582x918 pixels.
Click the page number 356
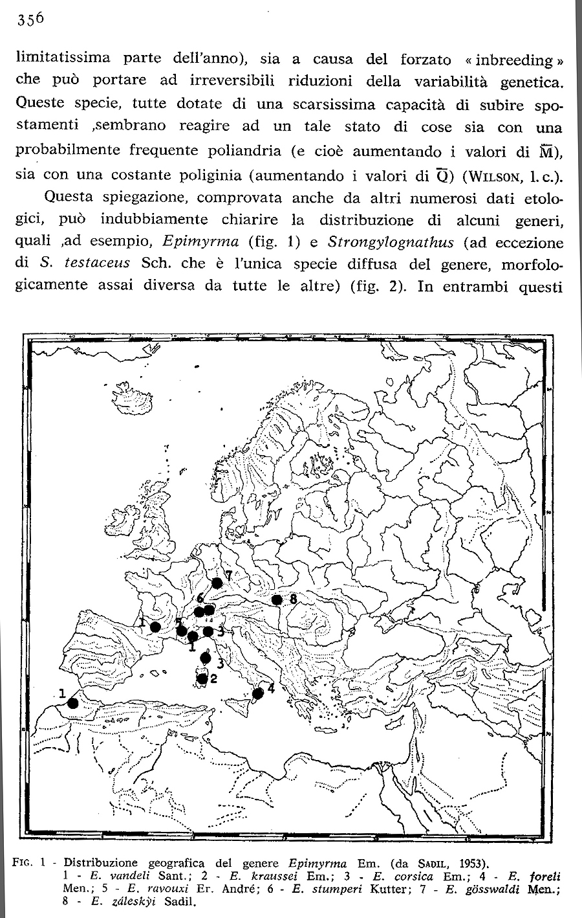[30, 19]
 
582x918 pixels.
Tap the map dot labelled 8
[277, 599]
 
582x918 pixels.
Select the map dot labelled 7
[217, 583]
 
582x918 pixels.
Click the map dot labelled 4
[257, 693]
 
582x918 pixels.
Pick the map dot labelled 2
[202, 678]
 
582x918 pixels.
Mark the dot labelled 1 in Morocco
[73, 703]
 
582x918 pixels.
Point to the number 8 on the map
[293, 599]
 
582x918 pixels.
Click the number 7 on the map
[228, 575]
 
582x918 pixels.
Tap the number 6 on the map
[201, 598]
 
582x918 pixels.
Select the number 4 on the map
[270, 688]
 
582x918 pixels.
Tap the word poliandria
[241, 151]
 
